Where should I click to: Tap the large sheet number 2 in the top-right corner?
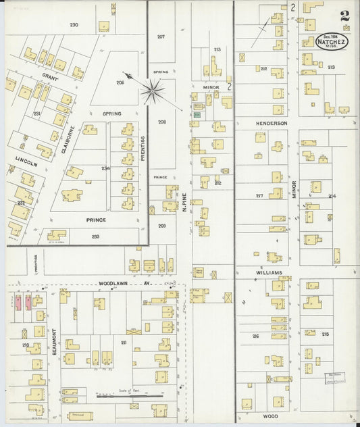(x=345, y=16)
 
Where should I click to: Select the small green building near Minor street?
(x=197, y=116)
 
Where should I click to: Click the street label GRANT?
(x=51, y=78)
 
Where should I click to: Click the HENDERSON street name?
(x=272, y=124)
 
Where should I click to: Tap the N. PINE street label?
(x=184, y=202)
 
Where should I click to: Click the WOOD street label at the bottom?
(x=270, y=417)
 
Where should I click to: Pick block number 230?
(x=74, y=24)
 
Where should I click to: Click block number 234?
(x=105, y=168)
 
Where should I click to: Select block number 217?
(x=259, y=196)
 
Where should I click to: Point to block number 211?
(x=124, y=343)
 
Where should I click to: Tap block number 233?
(x=95, y=236)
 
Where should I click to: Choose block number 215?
(x=325, y=334)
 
